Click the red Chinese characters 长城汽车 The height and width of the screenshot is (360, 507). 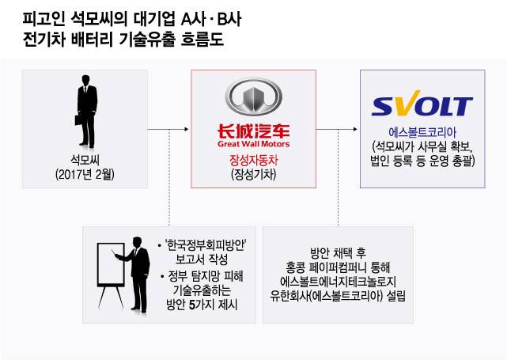coord(253,131)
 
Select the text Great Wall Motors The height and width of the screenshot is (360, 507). coord(253,145)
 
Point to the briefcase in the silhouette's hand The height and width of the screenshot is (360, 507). coord(71,126)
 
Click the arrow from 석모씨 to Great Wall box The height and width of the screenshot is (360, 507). coord(169,128)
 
